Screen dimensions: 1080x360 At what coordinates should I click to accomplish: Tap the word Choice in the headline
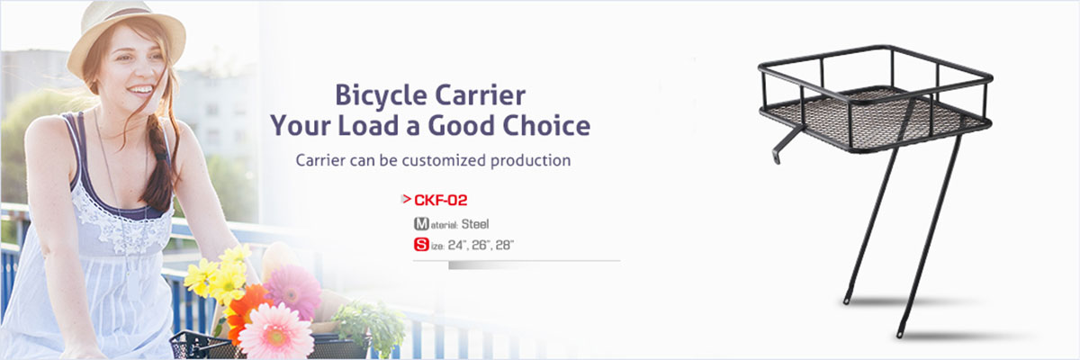click(x=547, y=126)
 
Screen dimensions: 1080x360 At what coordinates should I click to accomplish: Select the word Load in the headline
click(x=368, y=126)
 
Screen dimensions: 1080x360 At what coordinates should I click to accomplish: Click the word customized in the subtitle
click(x=444, y=160)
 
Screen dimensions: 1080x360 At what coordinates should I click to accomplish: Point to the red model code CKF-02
click(x=441, y=200)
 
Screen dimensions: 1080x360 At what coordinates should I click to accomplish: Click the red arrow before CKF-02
click(x=406, y=199)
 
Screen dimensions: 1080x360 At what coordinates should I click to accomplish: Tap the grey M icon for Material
click(x=421, y=223)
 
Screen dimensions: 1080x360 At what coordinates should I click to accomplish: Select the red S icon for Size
click(x=421, y=244)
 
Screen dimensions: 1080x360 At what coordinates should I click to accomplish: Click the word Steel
click(x=475, y=224)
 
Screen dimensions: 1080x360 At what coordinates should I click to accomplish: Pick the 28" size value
click(x=504, y=246)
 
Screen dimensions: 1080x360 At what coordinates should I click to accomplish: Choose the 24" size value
click(x=457, y=246)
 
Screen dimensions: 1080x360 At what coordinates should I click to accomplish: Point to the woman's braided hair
click(x=159, y=164)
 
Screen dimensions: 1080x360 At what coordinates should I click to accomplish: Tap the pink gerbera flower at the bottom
click(x=276, y=331)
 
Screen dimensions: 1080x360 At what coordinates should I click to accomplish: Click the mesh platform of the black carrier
click(x=874, y=117)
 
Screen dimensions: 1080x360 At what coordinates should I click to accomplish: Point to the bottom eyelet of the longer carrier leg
click(x=900, y=334)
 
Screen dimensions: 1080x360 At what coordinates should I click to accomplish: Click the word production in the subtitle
click(x=530, y=160)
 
